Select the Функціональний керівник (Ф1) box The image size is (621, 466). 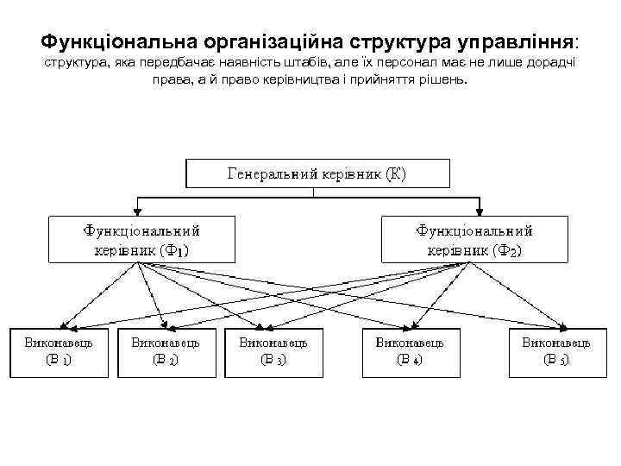pyautogui.click(x=141, y=239)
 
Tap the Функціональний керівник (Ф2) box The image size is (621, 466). pyautogui.click(x=474, y=239)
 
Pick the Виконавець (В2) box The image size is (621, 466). pyautogui.click(x=166, y=352)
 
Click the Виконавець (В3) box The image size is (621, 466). pyautogui.click(x=273, y=352)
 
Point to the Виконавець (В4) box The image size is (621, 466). pyautogui.click(x=410, y=352)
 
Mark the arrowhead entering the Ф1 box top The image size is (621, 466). pyautogui.click(x=137, y=212)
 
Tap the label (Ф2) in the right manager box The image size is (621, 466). pyautogui.click(x=507, y=250)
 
